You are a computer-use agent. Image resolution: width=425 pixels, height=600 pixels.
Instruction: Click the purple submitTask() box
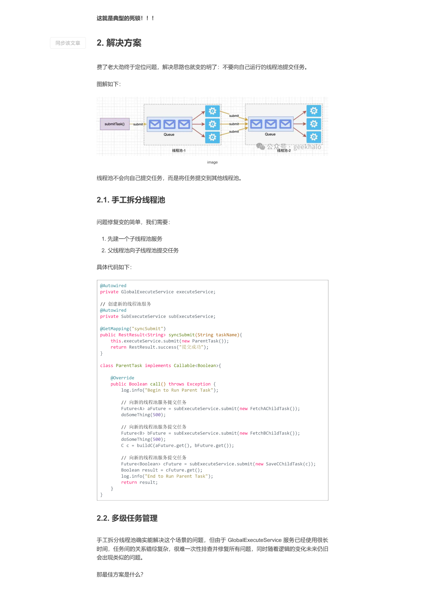pos(114,124)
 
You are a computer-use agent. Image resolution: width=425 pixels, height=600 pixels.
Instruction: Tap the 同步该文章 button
pos(68,43)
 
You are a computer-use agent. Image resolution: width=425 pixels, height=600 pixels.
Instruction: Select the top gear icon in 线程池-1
pos(212,111)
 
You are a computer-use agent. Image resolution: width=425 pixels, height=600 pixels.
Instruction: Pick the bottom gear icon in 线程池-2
pos(314,137)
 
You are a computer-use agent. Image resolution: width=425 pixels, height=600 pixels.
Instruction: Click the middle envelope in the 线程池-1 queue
pos(170,124)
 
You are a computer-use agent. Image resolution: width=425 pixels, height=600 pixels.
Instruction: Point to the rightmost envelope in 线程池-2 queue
pos(285,124)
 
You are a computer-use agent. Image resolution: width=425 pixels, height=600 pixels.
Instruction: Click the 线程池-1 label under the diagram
pos(179,151)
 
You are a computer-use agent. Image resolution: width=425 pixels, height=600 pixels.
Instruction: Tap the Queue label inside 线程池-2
pos(270,134)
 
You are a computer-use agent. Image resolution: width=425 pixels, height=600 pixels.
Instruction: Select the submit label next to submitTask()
pos(138,124)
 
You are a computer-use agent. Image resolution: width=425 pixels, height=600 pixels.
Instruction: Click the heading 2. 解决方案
pos(119,43)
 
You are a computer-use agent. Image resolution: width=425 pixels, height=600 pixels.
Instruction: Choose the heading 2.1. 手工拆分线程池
pos(131,200)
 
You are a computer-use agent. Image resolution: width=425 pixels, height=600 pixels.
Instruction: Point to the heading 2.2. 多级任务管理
pos(127,518)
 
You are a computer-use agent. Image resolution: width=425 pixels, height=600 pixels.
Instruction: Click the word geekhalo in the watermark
pos(307,147)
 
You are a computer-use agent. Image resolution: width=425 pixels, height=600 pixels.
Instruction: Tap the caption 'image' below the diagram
pos(212,162)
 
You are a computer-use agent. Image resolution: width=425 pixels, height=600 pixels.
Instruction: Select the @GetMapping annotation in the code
pos(114,329)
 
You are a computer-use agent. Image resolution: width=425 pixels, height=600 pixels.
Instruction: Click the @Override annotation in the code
pos(122,378)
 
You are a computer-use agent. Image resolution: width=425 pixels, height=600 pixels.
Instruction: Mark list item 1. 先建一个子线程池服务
pos(132,239)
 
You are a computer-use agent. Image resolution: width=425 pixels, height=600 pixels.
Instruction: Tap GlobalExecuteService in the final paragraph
pos(255,540)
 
